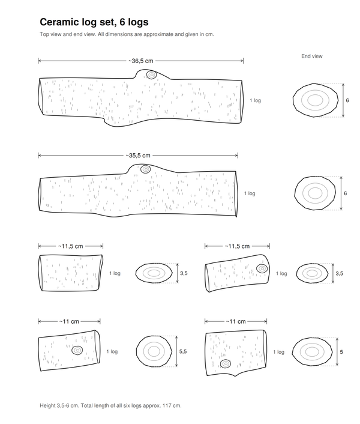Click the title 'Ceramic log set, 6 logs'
[x=94, y=22]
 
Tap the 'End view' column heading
[x=312, y=56]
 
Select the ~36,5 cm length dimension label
[x=141, y=61]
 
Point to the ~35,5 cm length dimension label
[x=138, y=156]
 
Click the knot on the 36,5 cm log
[x=152, y=74]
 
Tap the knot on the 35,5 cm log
[x=146, y=169]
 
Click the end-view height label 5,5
[x=183, y=351]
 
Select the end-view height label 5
[x=341, y=352]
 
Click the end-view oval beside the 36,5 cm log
[x=316, y=100]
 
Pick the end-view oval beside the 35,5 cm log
[x=315, y=193]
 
